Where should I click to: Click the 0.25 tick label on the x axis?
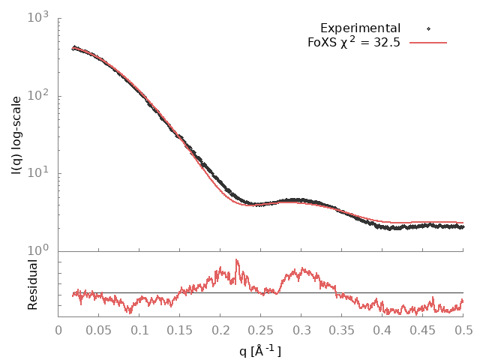tap(261, 330)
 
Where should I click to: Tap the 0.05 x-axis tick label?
tap(99, 330)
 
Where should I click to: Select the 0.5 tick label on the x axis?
tap(463, 330)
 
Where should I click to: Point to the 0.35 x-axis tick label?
tap(342, 330)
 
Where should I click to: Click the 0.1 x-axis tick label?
tap(139, 330)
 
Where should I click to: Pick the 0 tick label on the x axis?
tap(58, 330)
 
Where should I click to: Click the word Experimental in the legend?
tap(360, 28)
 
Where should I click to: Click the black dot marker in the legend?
tap(428, 28)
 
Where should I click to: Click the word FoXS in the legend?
tap(323, 43)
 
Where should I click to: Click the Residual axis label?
tap(32, 285)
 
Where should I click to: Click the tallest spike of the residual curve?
tap(237, 261)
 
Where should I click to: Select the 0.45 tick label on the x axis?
tap(423, 330)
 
